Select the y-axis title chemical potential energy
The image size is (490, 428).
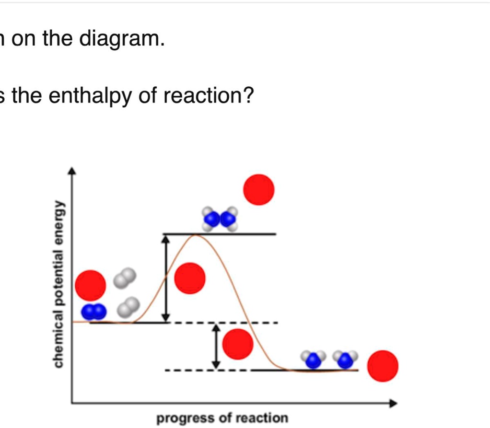pyautogui.click(x=58, y=284)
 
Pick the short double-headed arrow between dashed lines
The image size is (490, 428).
pyautogui.click(x=216, y=346)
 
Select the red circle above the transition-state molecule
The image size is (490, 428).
pyautogui.click(x=259, y=190)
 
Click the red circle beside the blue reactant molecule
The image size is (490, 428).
pyautogui.click(x=91, y=285)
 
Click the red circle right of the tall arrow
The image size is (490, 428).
pyautogui.click(x=190, y=278)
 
